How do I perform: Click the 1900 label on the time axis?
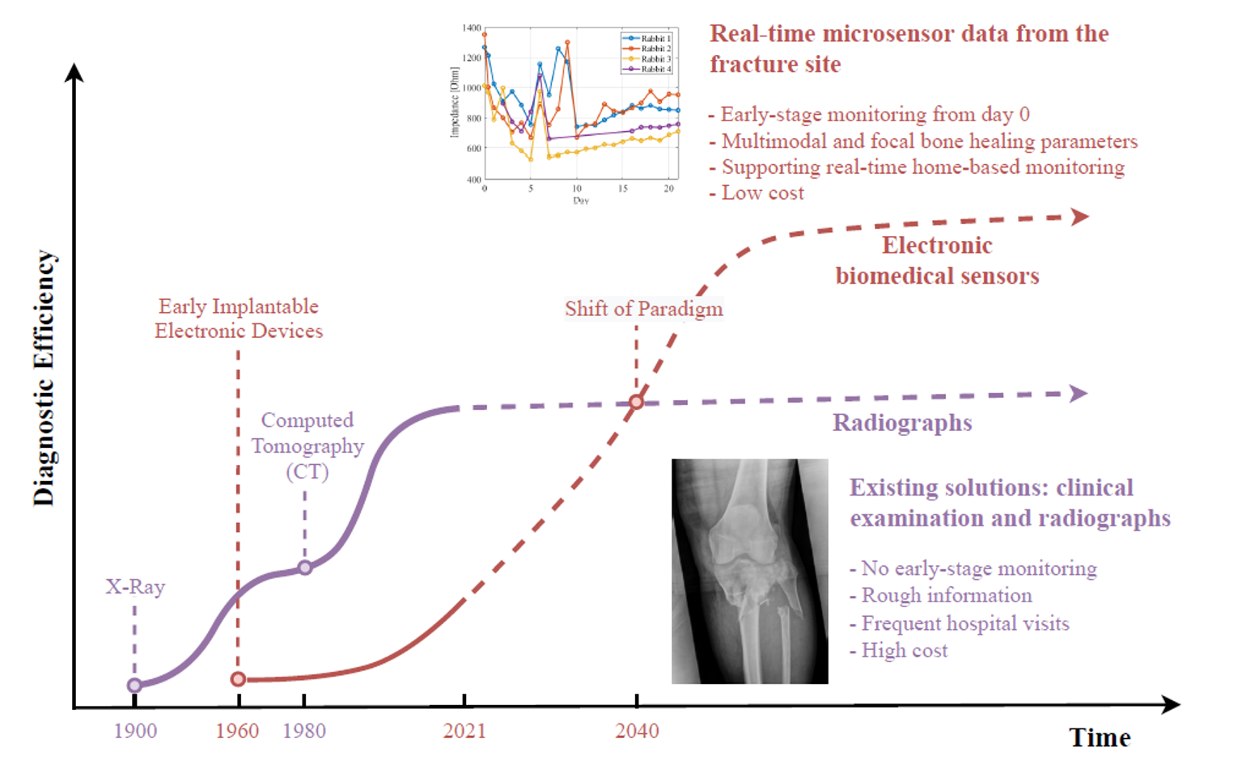tap(135, 731)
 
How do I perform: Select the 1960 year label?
tap(237, 731)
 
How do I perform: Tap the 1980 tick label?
tap(304, 731)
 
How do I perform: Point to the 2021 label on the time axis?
tap(464, 731)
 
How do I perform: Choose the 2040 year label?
tap(637, 731)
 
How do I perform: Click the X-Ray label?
tap(135, 587)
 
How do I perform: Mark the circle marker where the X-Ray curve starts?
tap(134, 686)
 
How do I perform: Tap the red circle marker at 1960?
tap(238, 679)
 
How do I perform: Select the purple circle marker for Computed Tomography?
tap(305, 568)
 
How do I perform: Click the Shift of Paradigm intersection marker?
tap(637, 402)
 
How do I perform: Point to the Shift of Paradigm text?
tap(643, 309)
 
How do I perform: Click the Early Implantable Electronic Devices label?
tap(239, 319)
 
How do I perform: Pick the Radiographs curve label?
tap(902, 423)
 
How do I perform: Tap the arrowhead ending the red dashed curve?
tap(1079, 217)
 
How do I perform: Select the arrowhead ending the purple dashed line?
tap(1079, 394)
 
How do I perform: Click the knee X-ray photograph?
tap(750, 571)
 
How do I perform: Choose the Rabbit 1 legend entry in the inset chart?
tap(646, 38)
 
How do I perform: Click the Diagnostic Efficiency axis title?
tap(45, 378)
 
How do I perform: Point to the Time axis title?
tap(1100, 737)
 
